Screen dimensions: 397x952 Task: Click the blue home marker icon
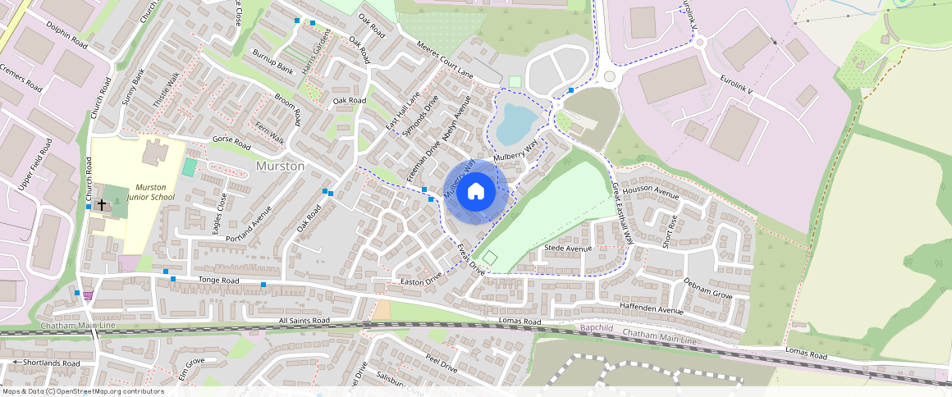[475, 192]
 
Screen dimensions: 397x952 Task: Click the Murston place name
[281, 166]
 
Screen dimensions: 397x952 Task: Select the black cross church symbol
[102, 203]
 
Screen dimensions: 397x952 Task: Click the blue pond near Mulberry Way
[515, 123]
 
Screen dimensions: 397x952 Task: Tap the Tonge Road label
[218, 281]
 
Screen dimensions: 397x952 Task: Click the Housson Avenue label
[651, 192]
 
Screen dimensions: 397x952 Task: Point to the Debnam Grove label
[707, 287]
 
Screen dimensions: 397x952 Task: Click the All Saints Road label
[304, 321]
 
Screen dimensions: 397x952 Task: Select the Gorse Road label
[231, 141]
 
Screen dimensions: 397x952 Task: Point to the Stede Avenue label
[568, 248]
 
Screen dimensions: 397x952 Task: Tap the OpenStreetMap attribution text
[82, 391]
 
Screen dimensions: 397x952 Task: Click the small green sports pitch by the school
[190, 167]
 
